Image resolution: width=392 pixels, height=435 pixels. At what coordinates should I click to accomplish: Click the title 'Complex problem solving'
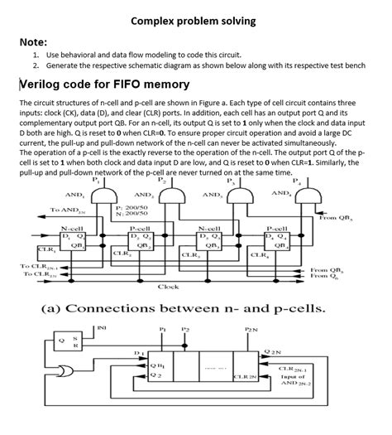(194, 20)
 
